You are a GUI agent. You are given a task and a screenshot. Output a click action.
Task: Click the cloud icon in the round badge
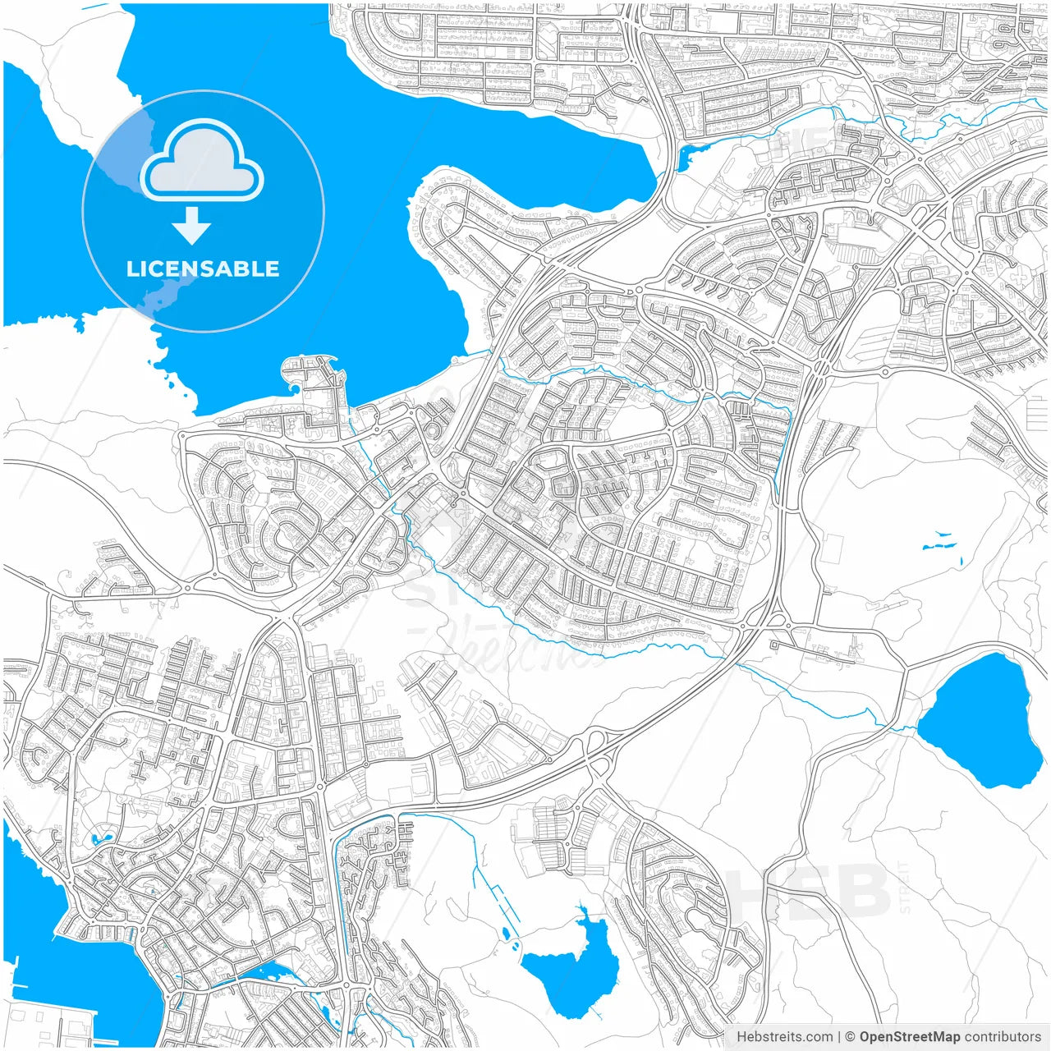(202, 160)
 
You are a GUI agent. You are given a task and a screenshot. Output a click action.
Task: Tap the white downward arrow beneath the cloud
(192, 225)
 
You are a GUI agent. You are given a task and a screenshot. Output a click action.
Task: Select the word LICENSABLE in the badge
(203, 269)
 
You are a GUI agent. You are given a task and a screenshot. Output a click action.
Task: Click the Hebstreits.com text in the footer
(784, 1037)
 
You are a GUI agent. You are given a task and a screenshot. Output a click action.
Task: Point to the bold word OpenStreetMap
(909, 1037)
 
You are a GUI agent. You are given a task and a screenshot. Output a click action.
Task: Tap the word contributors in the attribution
(1003, 1037)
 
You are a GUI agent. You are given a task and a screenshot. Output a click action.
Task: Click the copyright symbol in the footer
(851, 1037)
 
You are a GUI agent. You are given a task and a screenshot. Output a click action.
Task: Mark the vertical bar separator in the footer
(839, 1037)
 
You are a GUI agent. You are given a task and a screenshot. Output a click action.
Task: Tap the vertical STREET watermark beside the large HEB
(904, 887)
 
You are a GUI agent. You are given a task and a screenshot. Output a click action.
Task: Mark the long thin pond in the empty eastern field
(939, 544)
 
